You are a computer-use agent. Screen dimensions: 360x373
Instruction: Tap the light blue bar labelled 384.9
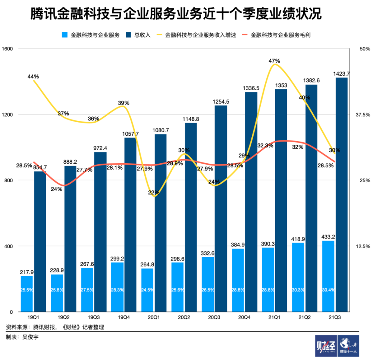pyautogui.click(x=238, y=280)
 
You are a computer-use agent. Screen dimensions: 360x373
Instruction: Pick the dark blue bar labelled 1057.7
pyautogui.click(x=130, y=224)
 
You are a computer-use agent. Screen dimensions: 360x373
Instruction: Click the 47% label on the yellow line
pyautogui.click(x=275, y=61)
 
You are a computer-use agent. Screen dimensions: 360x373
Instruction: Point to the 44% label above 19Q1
pyautogui.click(x=33, y=76)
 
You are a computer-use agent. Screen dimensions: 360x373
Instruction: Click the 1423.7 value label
pyautogui.click(x=342, y=73)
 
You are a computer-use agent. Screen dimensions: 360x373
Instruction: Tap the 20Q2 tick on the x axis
pyautogui.click(x=184, y=317)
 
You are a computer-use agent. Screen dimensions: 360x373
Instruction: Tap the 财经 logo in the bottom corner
pyautogui.click(x=325, y=346)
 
